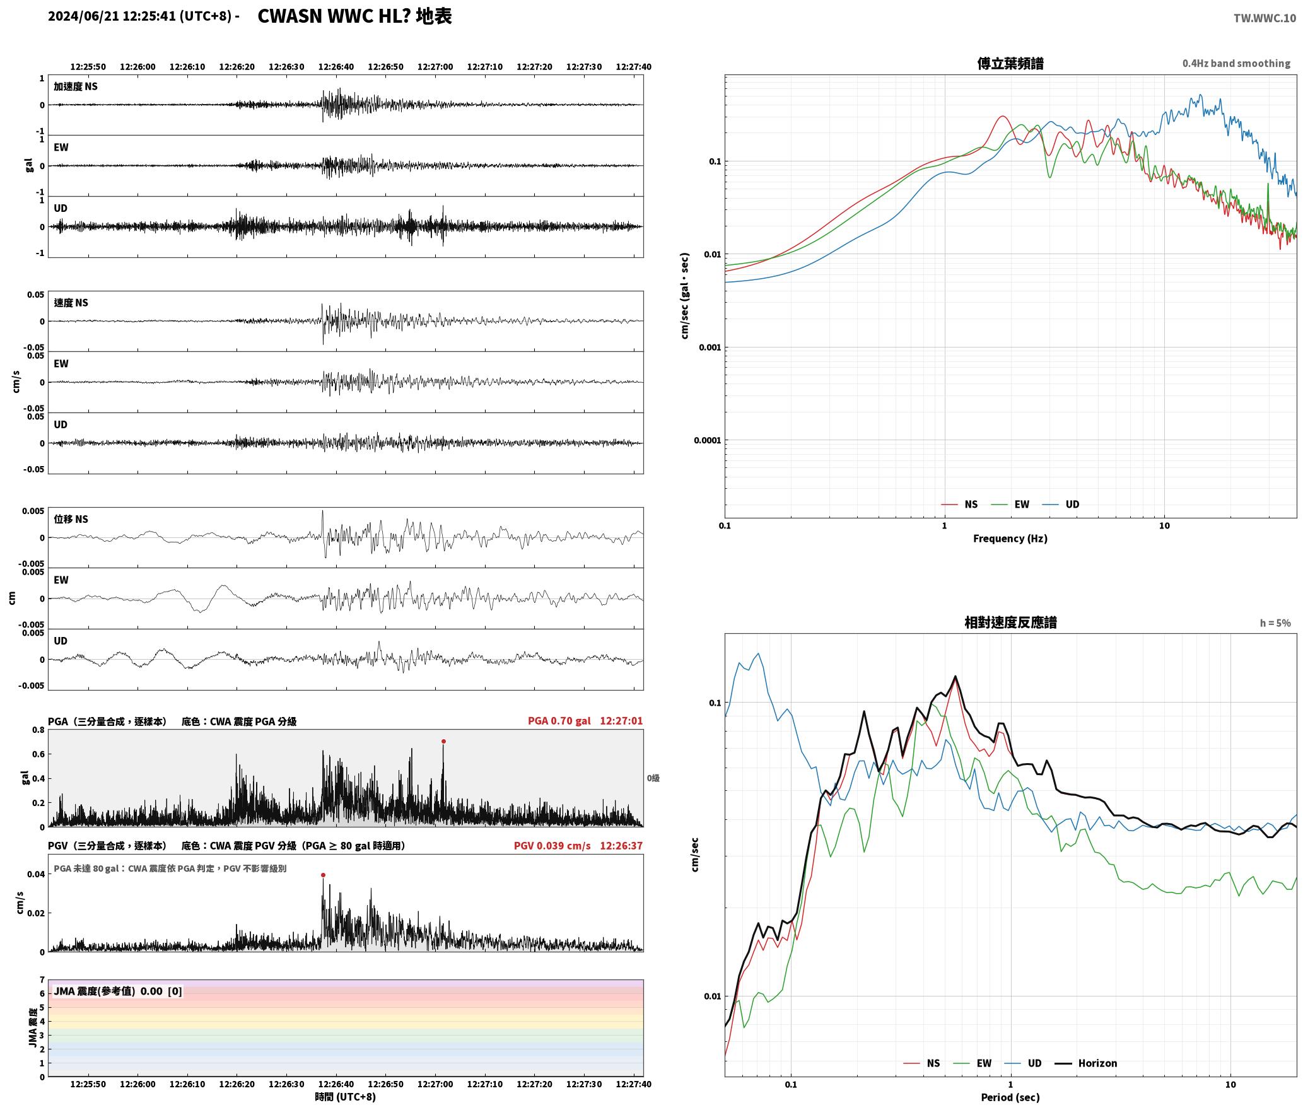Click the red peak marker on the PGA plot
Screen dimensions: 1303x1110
click(x=443, y=742)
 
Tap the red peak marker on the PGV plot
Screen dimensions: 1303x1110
click(x=323, y=875)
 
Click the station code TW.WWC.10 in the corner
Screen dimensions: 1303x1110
click(x=1265, y=18)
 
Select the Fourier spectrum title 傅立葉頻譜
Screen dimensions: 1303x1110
click(x=1010, y=63)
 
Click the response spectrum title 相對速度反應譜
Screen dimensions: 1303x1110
click(x=1010, y=622)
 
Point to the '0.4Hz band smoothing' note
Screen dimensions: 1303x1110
click(x=1236, y=63)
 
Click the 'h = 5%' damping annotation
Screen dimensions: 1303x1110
click(x=1275, y=623)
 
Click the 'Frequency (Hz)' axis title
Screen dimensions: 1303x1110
click(x=1010, y=539)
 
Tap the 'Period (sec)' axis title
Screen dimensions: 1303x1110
click(x=1010, y=1097)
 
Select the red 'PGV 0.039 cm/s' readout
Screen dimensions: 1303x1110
click(x=552, y=846)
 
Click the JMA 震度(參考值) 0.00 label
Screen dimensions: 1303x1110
click(x=108, y=991)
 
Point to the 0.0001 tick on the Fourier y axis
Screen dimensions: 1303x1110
click(x=706, y=440)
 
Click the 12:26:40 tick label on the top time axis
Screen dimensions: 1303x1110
click(x=336, y=67)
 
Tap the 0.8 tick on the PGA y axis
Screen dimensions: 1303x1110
click(x=38, y=730)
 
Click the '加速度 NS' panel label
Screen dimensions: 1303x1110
click(x=76, y=86)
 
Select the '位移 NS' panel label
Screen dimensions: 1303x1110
click(x=71, y=519)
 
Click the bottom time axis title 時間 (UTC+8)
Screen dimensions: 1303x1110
click(x=345, y=1097)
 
